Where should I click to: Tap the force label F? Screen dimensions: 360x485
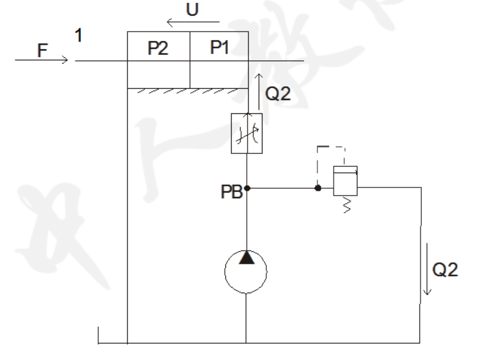pyautogui.click(x=42, y=51)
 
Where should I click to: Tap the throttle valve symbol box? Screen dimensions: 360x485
pyautogui.click(x=247, y=133)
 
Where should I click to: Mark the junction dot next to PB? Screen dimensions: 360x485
pyautogui.click(x=247, y=188)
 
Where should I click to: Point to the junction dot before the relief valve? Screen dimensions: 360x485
pyautogui.click(x=318, y=188)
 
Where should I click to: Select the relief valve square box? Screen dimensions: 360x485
pyautogui.click(x=345, y=180)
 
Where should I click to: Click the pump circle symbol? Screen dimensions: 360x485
pyautogui.click(x=246, y=271)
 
